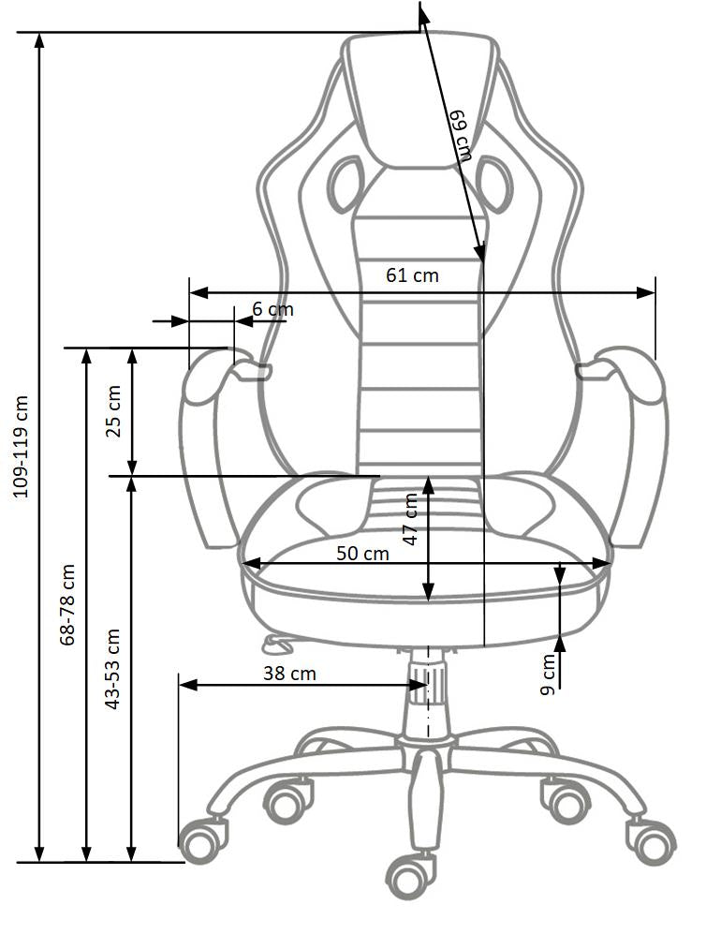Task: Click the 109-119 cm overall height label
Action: tap(21, 445)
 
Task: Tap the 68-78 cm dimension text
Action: tap(66, 604)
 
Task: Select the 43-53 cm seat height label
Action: tap(112, 667)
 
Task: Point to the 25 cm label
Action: tap(112, 410)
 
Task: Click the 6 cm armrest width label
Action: tap(272, 309)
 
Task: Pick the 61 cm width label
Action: tap(412, 275)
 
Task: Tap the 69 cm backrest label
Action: tap(460, 137)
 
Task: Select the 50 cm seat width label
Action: tap(362, 553)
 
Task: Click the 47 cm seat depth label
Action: tap(410, 520)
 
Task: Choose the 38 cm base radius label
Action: tap(289, 673)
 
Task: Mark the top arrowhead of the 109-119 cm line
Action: tap(39, 39)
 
